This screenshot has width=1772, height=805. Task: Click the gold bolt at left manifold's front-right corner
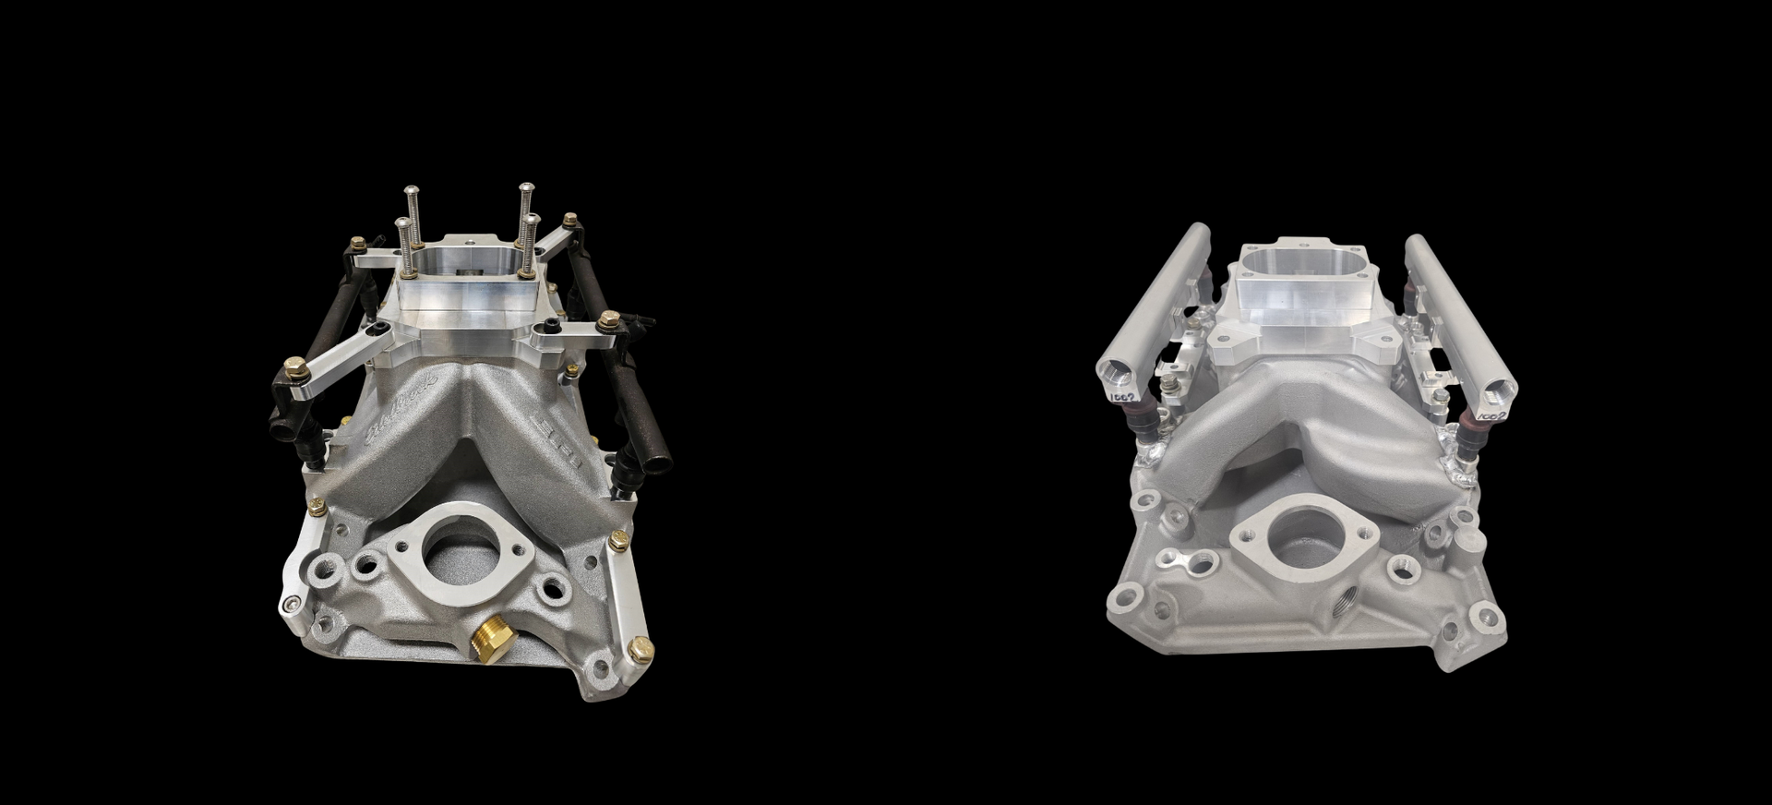tap(639, 649)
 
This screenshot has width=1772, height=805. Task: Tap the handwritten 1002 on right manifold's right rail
tap(1487, 417)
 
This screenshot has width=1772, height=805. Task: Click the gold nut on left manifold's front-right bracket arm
tap(608, 321)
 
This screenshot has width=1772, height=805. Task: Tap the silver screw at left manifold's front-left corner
tap(293, 603)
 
